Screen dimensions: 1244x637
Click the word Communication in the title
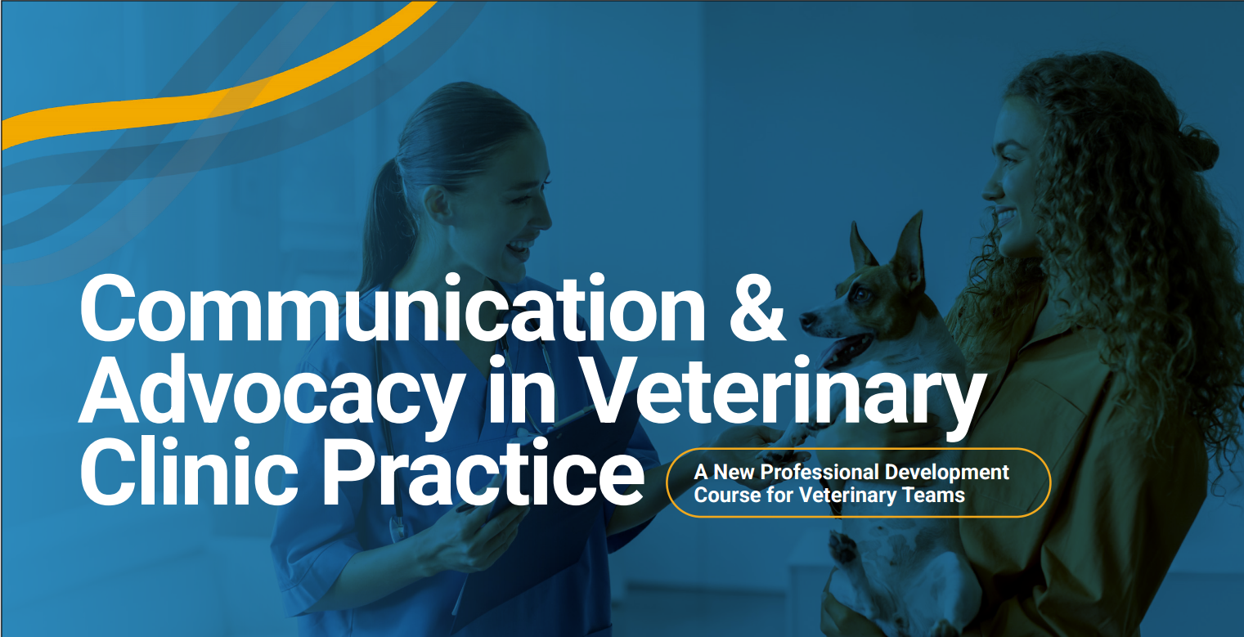click(393, 309)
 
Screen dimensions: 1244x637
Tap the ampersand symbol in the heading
click(757, 309)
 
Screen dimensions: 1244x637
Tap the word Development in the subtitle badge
click(947, 472)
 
